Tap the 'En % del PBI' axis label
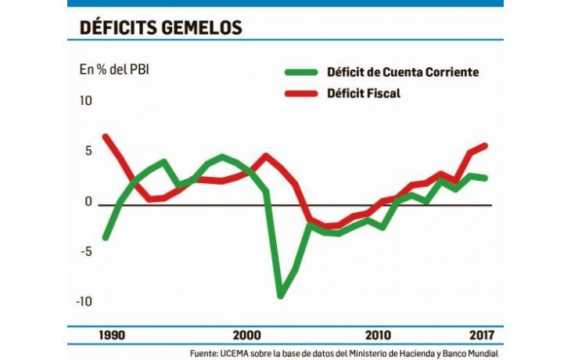[114, 70]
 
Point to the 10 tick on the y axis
[85, 101]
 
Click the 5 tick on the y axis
[88, 151]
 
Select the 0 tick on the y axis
[88, 202]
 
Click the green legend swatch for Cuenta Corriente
[300, 73]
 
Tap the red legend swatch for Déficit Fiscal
[300, 95]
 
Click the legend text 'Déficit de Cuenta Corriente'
[402, 73]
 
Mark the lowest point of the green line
[280, 296]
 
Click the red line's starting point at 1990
[106, 137]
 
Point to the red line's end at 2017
[486, 146]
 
